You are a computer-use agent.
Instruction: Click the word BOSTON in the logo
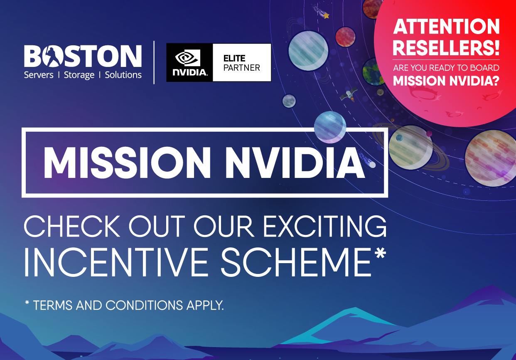(x=83, y=56)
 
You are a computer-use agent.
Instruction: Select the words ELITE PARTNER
(x=241, y=63)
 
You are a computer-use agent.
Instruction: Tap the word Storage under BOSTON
(x=79, y=75)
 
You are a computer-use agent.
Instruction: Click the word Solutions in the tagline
(x=123, y=75)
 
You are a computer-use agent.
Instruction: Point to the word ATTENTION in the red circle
(x=446, y=27)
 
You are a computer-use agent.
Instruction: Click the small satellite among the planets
(x=348, y=95)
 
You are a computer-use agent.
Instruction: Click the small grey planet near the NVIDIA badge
(x=289, y=101)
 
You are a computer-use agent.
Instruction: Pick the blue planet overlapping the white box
(x=330, y=126)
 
